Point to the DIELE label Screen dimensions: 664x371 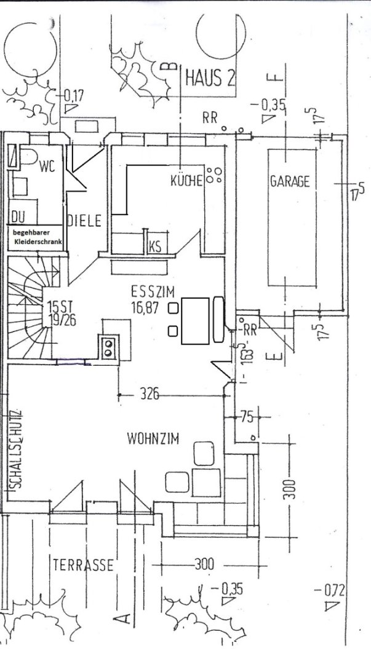coord(84,221)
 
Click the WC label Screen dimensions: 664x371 coord(47,165)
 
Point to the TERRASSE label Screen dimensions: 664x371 coord(83,565)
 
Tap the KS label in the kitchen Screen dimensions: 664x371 coord(155,247)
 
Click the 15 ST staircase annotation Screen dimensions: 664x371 coord(57,306)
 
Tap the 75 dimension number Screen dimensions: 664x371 coord(247,417)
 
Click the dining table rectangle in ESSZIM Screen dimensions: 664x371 coord(196,320)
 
